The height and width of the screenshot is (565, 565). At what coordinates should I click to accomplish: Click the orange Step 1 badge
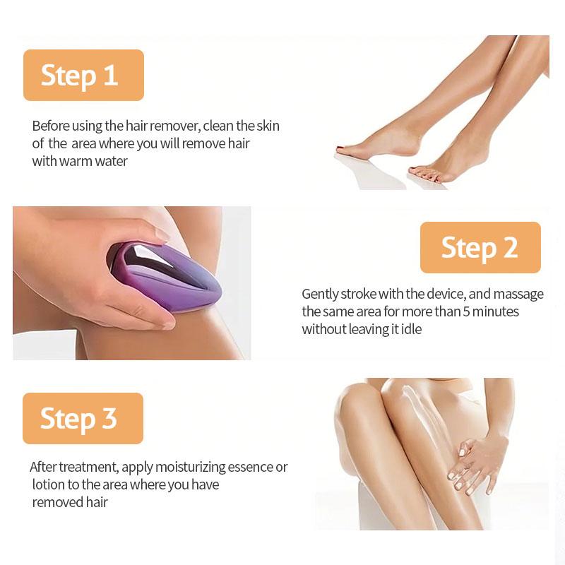pos(83,75)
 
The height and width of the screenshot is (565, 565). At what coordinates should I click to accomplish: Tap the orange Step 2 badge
pos(480,247)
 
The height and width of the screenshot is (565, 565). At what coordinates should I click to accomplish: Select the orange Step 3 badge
pos(83,418)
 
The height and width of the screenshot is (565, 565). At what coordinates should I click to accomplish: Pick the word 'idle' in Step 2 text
pos(410,329)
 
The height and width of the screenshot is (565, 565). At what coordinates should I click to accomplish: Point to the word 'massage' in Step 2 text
pos(519,294)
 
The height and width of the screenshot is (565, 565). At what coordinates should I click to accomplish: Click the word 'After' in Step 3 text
pos(43,467)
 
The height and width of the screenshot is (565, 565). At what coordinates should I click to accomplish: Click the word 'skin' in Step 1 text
pos(268,126)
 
